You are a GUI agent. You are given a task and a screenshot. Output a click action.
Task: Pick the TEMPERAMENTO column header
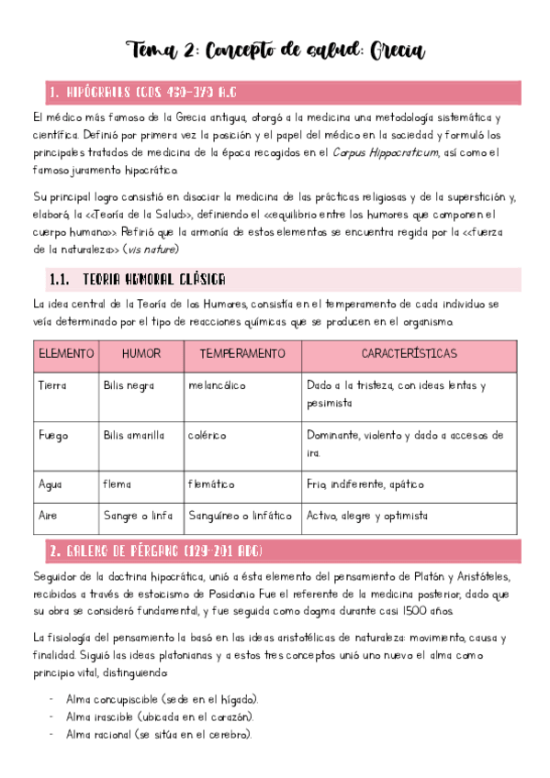(242, 353)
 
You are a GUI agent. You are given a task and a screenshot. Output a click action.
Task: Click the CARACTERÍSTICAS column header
(409, 353)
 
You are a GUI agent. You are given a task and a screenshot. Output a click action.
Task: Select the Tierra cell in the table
(52, 386)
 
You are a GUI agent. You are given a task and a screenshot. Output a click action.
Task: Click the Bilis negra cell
(129, 386)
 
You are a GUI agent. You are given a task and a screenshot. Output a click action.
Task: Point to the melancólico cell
(218, 386)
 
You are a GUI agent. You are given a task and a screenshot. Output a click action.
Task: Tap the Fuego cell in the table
(53, 435)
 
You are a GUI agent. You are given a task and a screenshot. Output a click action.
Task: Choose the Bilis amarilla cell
(134, 435)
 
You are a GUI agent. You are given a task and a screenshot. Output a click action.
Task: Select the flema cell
(118, 483)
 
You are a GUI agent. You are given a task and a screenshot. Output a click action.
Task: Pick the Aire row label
(49, 516)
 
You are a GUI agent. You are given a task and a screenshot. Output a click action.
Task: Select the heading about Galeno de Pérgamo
(155, 550)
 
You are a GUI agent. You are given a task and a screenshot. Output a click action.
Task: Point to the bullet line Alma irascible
(160, 717)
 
